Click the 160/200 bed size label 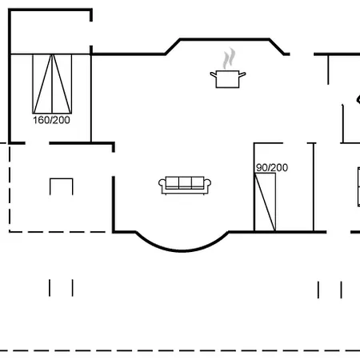point(51,120)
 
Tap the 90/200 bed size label point(272,167)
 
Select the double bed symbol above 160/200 point(52,84)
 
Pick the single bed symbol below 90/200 point(265,202)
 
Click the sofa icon point(185,186)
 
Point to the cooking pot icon point(227,79)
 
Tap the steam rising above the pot point(229,58)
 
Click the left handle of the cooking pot point(213,74)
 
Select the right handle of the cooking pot point(242,74)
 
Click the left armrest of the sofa point(162,183)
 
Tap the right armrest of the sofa point(207,183)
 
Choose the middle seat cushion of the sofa point(185,182)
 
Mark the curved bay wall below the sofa point(182,250)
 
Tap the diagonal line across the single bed point(265,202)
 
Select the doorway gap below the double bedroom point(38,143)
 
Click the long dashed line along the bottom point(180,350)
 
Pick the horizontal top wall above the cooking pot point(225,40)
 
